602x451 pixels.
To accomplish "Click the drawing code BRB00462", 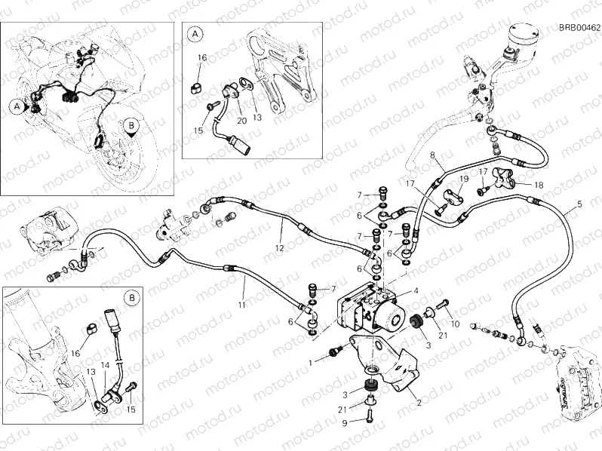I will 579,28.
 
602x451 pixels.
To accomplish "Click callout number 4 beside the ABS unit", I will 414,291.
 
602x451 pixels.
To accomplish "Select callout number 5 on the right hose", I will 579,204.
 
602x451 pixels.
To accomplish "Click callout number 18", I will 538,185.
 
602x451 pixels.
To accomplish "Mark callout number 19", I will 464,179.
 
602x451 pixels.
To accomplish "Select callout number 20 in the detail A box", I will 241,121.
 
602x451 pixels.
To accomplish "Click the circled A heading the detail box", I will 195,34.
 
